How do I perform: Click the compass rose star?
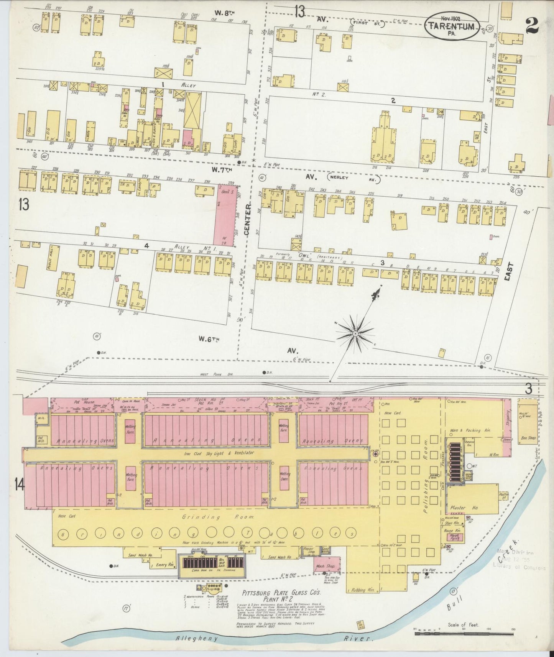pos(355,334)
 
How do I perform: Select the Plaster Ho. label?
pos(464,508)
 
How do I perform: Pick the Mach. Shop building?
pos(325,566)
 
